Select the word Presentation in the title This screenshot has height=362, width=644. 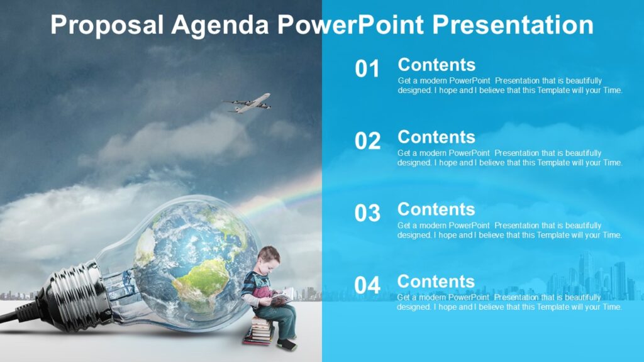513,25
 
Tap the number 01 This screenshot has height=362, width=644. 367,69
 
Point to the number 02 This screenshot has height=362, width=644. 367,141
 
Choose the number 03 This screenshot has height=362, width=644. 367,214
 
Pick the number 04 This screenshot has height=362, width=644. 367,286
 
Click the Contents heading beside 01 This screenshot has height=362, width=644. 436,65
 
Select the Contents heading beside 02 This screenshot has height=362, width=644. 436,137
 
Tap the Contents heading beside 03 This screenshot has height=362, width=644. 436,209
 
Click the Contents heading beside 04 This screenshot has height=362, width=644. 436,282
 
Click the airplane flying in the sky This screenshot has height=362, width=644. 248,104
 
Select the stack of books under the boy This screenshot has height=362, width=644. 258,331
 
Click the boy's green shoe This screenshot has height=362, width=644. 287,344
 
